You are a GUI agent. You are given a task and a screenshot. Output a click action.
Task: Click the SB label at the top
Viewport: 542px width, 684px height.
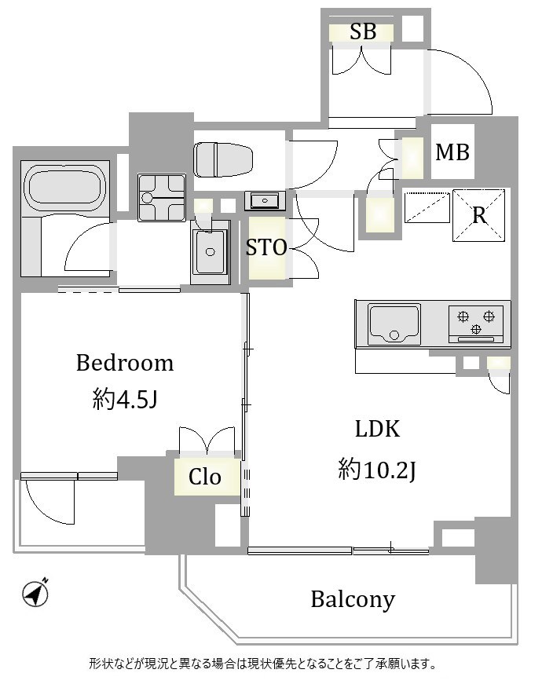coord(363,31)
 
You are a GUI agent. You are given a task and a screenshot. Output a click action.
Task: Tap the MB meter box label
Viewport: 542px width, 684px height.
coord(452,152)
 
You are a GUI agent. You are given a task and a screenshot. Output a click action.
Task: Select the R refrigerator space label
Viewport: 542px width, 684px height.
coord(479,215)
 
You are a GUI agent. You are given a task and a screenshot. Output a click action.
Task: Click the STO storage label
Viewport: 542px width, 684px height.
coord(266,247)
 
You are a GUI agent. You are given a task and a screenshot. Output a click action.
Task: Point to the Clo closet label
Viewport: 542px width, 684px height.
coord(205,477)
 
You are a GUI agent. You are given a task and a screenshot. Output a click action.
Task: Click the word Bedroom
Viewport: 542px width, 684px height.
coord(125,363)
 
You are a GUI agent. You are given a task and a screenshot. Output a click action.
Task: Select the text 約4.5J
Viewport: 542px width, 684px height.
coord(125,399)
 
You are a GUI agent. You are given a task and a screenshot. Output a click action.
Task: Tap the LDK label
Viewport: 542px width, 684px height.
coord(377,429)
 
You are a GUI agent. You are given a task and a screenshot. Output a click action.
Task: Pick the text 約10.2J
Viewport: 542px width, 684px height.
coord(377,470)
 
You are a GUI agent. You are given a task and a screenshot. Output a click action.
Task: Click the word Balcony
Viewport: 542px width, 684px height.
coord(353,599)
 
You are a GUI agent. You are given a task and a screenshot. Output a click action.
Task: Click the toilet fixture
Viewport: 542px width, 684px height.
coord(224,159)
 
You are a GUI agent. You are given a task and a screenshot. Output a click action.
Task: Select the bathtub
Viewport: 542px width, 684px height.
coord(64,188)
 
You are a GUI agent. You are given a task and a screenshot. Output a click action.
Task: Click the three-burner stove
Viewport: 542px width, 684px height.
coord(476,324)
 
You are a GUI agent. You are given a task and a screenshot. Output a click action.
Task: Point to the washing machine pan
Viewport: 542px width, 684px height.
coord(162,198)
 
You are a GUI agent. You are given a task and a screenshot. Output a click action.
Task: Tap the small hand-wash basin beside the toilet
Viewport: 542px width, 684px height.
coord(265,201)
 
